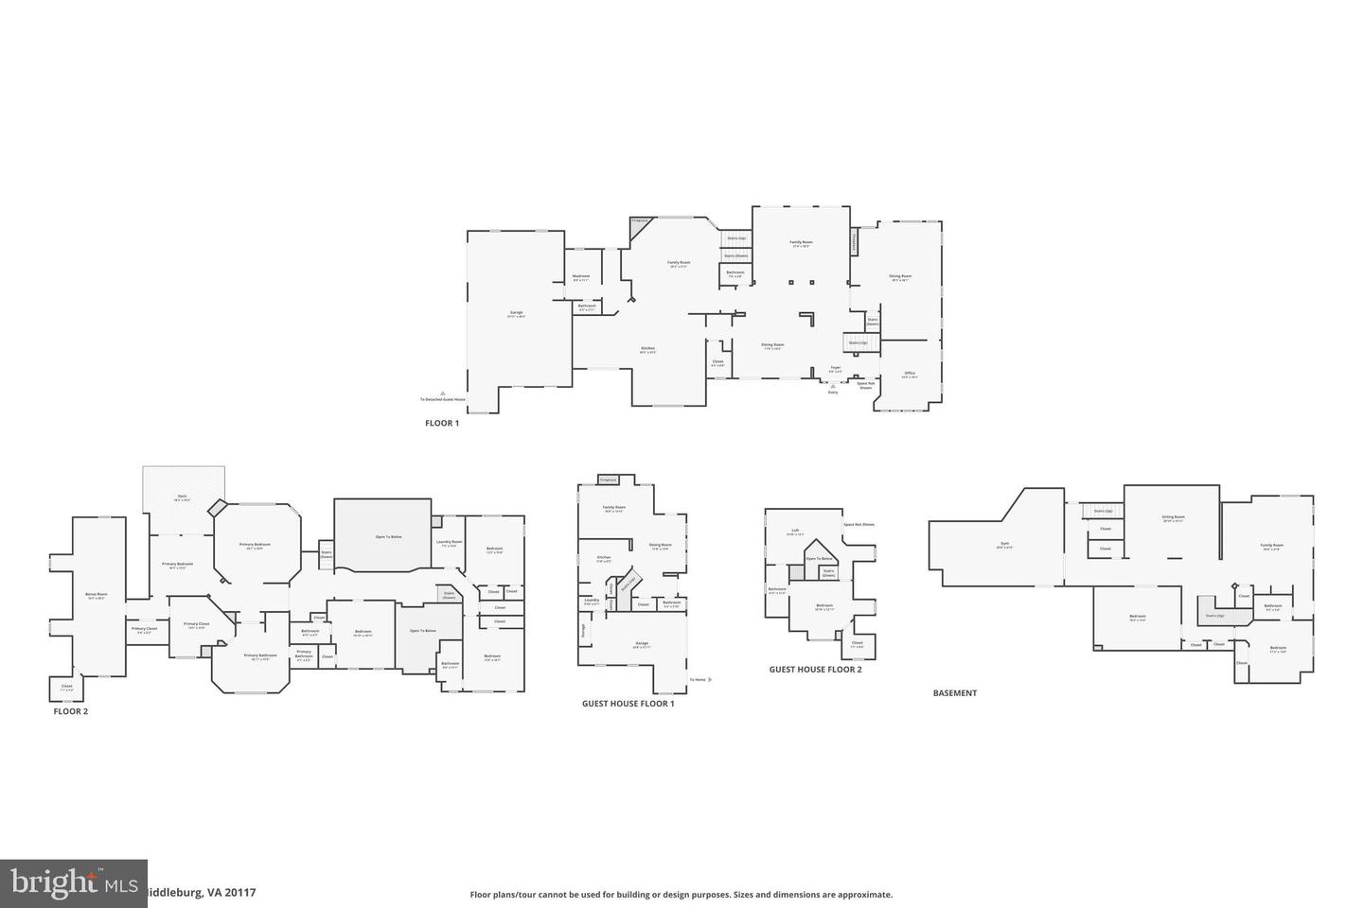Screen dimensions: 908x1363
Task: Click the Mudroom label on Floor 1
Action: click(581, 276)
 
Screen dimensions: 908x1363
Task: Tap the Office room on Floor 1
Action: click(910, 374)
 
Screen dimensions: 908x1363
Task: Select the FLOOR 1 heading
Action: click(442, 424)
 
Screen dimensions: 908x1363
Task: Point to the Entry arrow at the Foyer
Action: click(833, 389)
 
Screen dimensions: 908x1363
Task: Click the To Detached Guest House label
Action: click(443, 399)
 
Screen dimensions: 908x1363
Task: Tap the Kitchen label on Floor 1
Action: click(647, 348)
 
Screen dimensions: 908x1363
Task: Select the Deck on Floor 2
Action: click(184, 488)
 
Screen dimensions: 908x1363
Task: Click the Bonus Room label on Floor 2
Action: click(97, 595)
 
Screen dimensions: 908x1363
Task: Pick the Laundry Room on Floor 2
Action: click(449, 543)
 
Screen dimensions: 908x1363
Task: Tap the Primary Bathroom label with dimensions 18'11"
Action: click(260, 655)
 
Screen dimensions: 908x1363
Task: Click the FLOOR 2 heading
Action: click(71, 711)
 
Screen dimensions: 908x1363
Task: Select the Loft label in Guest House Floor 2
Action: click(795, 532)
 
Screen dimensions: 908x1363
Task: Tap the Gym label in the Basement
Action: click(1004, 545)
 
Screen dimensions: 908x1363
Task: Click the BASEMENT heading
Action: click(954, 693)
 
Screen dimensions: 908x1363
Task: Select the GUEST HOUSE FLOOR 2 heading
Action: click(815, 670)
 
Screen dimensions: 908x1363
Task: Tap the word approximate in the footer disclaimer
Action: click(860, 895)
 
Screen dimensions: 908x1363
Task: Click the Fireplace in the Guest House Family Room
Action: click(608, 480)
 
